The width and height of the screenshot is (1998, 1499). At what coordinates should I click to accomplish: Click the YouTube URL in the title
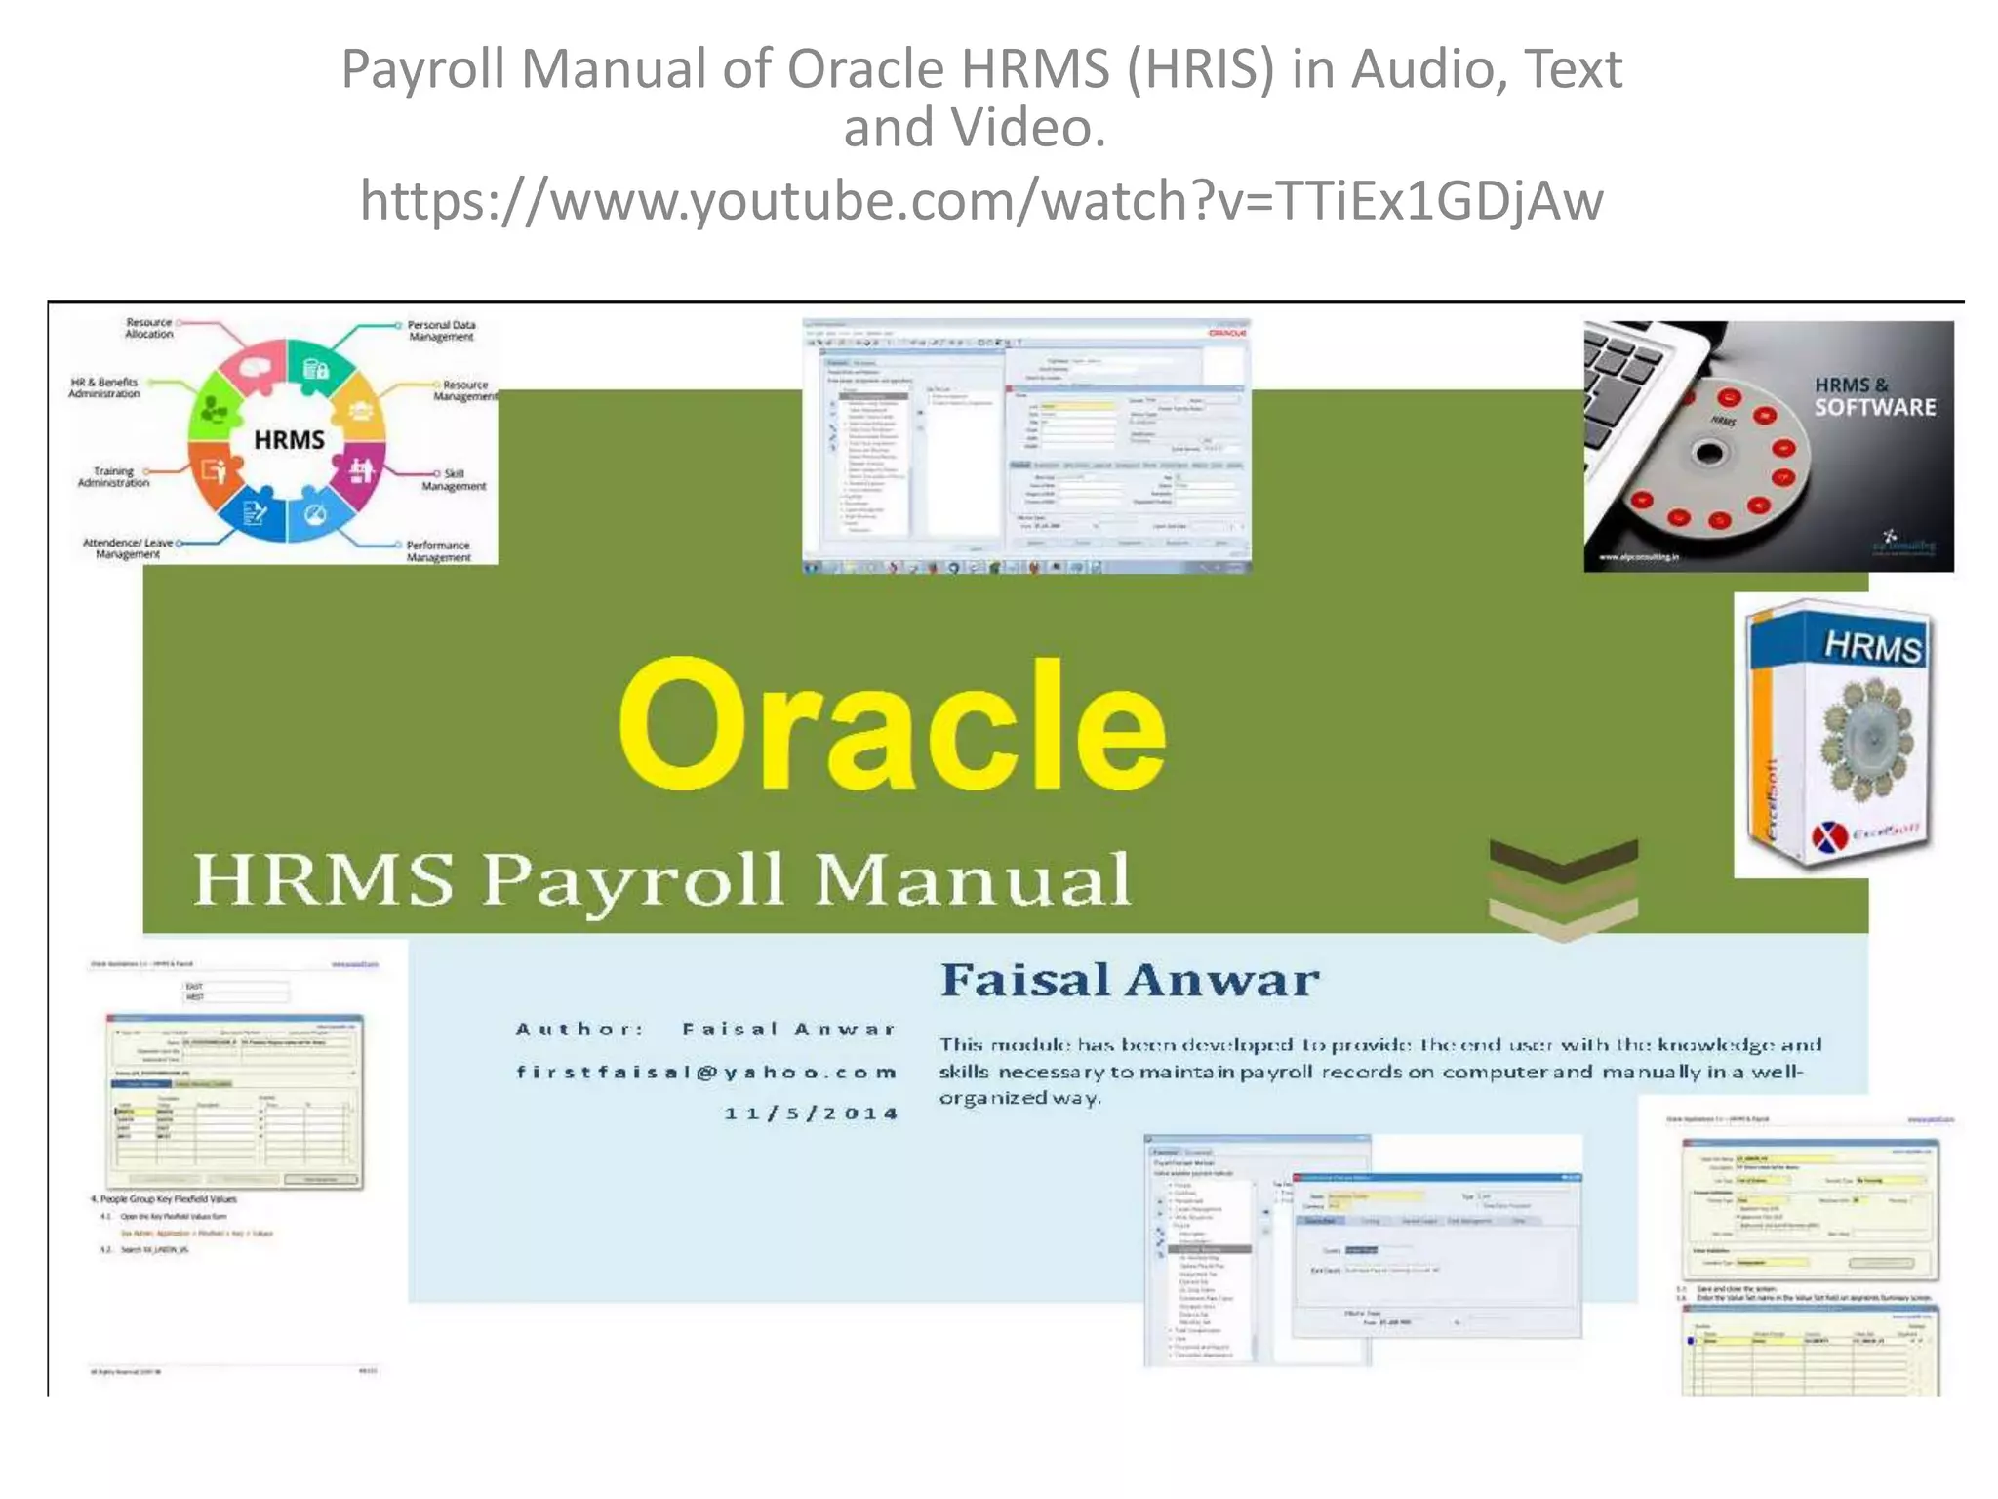pos(981,201)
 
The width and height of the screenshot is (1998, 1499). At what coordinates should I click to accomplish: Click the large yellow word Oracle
pos(893,724)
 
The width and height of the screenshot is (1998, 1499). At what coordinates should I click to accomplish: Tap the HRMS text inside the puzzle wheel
pos(289,440)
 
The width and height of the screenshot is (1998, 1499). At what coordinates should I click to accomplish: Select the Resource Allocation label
pos(149,328)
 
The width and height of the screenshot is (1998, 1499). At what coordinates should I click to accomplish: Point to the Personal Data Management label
pos(441,331)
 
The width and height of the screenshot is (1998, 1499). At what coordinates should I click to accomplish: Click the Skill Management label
pos(454,480)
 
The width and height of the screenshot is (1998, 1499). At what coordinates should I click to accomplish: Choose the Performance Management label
pos(438,551)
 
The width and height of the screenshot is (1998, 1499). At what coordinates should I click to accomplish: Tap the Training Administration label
pos(114,477)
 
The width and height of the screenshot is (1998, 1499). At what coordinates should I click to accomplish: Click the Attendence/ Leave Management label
pos(128,548)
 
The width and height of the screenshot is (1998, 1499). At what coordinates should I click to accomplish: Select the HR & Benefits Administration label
pos(104,388)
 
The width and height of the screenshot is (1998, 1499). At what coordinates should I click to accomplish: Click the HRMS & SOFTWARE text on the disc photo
pos(1874,397)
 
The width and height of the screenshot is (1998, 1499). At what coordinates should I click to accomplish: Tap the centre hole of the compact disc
pos(1708,453)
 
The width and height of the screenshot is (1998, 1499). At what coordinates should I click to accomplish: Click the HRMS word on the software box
pos(1872,646)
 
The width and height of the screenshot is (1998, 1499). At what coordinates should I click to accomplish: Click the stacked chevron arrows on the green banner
pos(1563,888)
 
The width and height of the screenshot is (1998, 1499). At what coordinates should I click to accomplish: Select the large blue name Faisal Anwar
pos(1130,980)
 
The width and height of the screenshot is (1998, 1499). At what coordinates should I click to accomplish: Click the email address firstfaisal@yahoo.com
pos(706,1072)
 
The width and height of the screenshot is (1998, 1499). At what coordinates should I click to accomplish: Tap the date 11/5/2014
pos(811,1114)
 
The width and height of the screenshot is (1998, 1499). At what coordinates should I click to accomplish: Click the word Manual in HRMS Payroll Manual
pos(973,879)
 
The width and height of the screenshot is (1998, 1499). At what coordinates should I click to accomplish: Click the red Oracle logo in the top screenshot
pos(1226,334)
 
